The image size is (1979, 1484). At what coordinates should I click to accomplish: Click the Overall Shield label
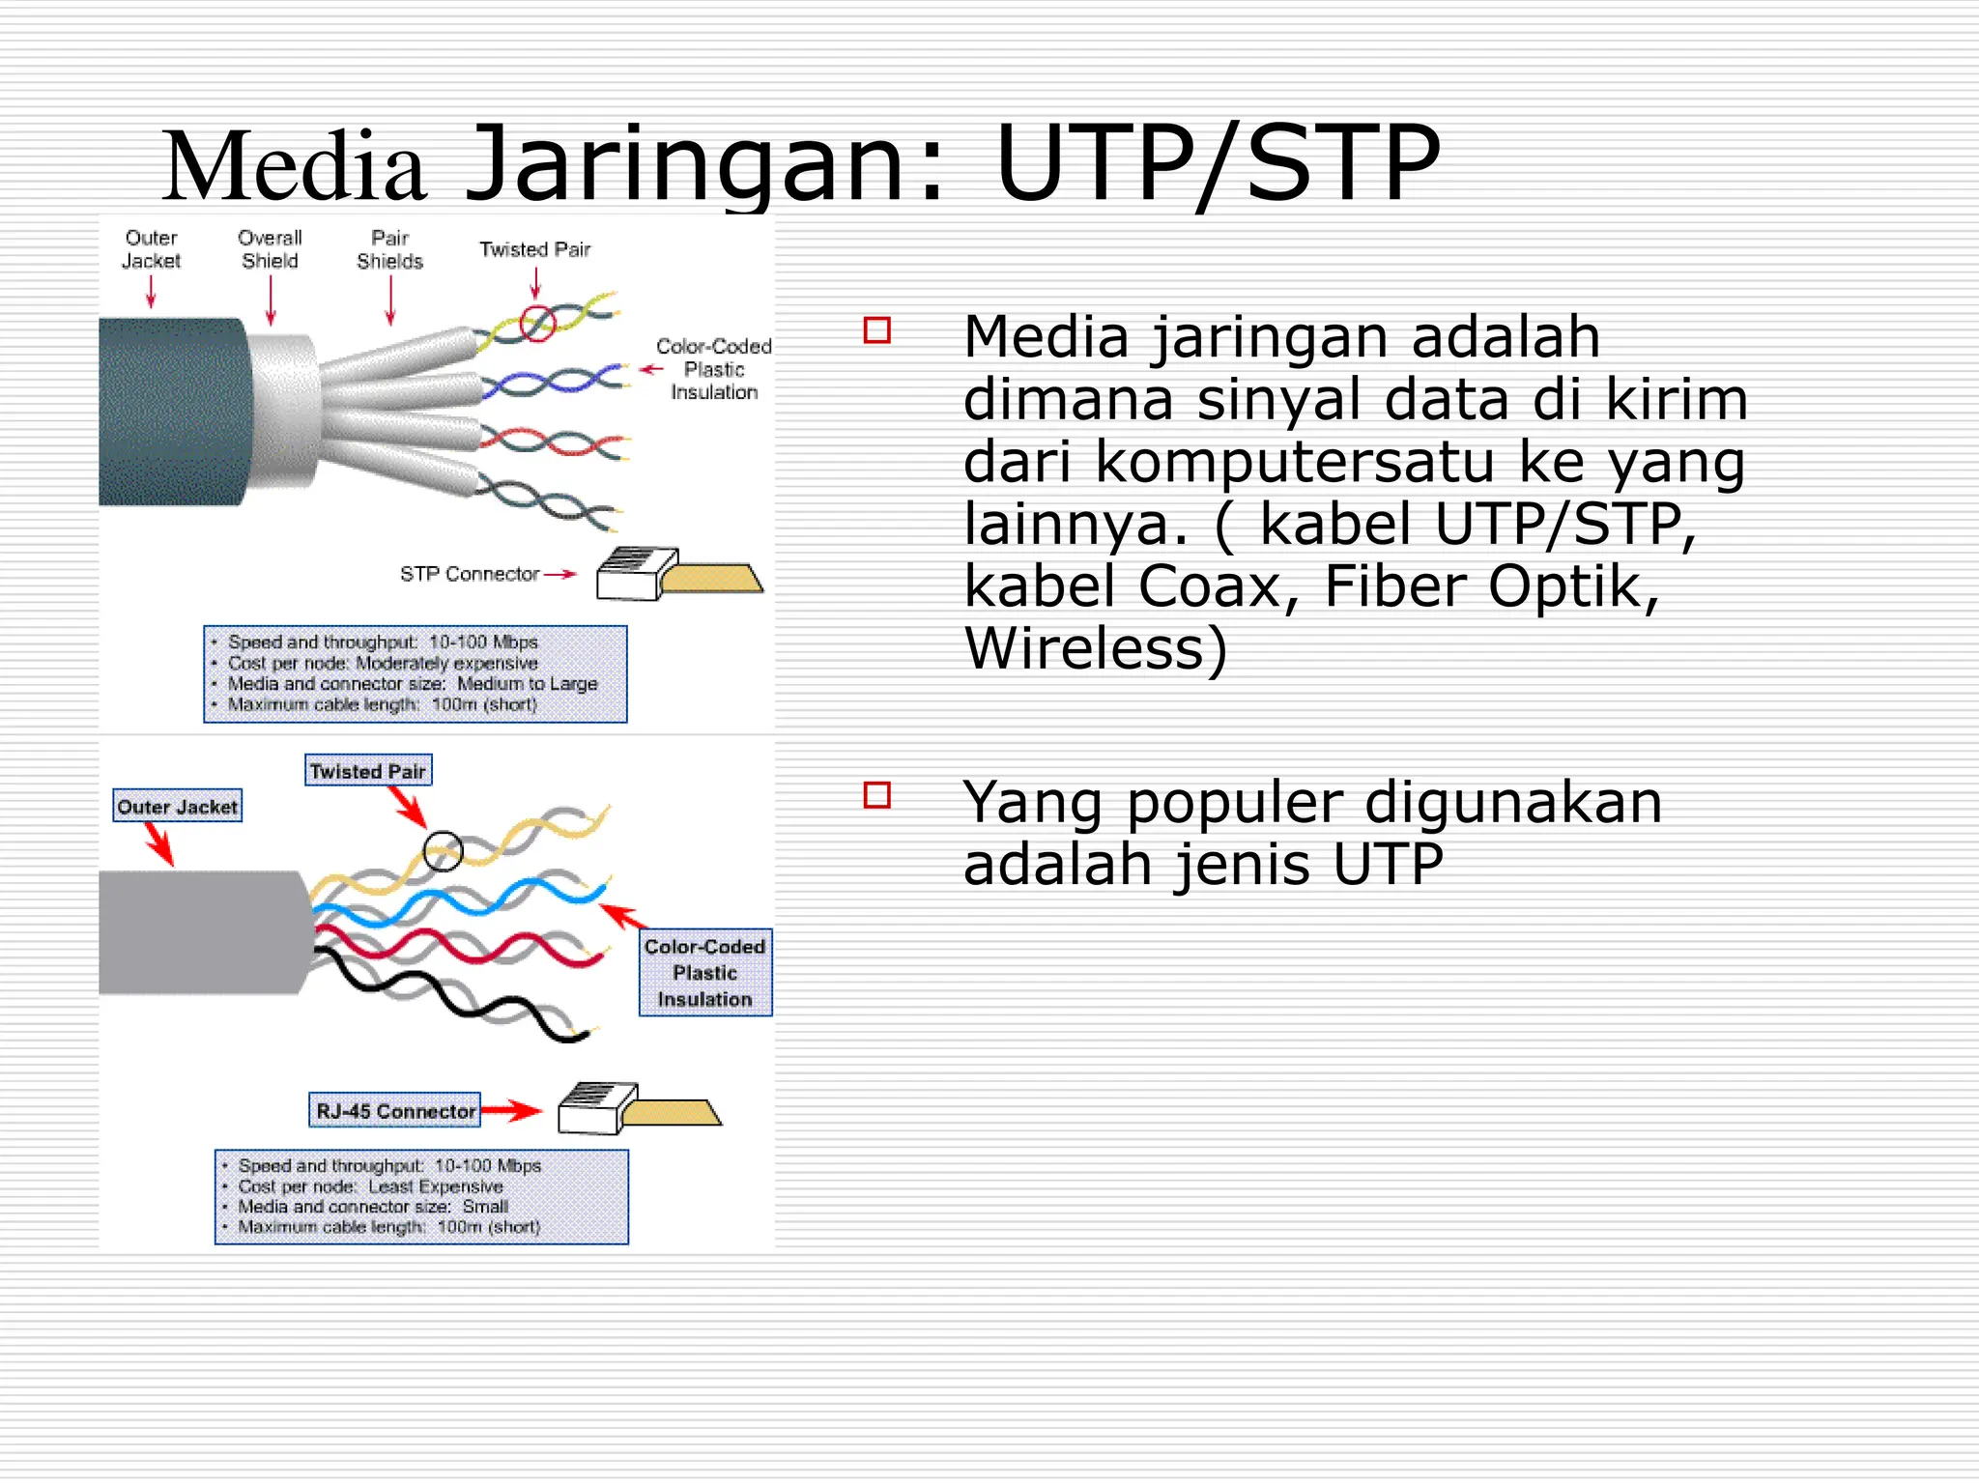point(270,249)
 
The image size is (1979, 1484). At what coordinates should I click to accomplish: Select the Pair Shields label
point(389,249)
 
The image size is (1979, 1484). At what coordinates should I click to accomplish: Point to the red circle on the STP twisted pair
point(538,323)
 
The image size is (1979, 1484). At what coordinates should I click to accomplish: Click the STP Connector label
point(469,574)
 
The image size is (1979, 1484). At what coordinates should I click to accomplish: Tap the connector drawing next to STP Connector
point(676,576)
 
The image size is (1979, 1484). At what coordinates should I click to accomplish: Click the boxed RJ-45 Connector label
point(394,1111)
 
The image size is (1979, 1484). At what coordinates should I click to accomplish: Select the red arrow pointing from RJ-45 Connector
point(511,1111)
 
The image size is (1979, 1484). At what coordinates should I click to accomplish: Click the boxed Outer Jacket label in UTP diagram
point(177,807)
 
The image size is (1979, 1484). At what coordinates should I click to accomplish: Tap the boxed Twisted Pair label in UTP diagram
point(367,771)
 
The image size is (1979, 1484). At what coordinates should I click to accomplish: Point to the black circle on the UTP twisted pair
point(443,851)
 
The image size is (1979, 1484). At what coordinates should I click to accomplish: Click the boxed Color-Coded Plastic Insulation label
point(704,973)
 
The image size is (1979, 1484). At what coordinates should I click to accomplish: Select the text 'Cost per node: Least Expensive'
point(371,1186)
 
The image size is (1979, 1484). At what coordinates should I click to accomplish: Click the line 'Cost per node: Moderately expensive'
point(383,663)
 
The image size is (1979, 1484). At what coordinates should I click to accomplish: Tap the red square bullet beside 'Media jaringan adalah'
point(876,330)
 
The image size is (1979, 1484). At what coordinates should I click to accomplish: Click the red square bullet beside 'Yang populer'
point(876,795)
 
